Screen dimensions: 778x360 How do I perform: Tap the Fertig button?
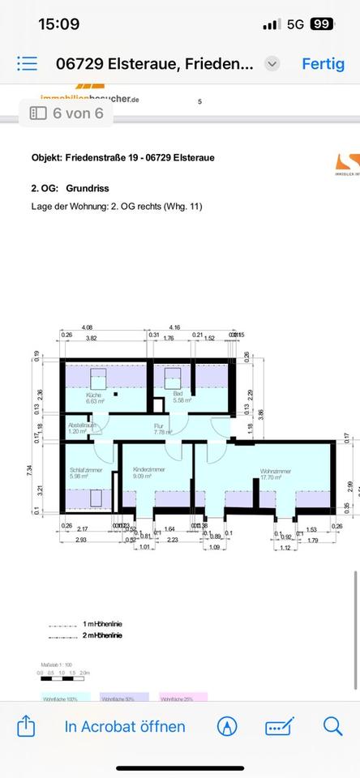pos(323,64)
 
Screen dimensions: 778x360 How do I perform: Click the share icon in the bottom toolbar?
pos(26,725)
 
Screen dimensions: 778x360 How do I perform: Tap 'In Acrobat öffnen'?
pos(125,726)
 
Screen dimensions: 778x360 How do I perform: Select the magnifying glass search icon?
pos(332,725)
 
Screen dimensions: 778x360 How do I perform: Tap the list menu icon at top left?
pos(27,64)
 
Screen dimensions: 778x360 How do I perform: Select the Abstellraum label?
pos(82,427)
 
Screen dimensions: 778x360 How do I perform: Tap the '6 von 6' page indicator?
pos(67,113)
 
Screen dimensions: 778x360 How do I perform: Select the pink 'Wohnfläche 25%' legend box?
pos(183,695)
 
